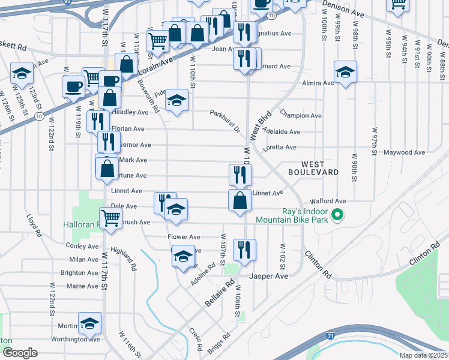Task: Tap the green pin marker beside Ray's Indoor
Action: (x=337, y=214)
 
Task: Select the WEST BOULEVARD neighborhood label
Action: (x=320, y=168)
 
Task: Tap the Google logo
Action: (x=20, y=352)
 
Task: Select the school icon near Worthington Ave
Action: (x=89, y=323)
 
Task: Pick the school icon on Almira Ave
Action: (x=345, y=72)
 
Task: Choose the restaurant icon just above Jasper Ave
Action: (x=244, y=250)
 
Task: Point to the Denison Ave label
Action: (x=343, y=8)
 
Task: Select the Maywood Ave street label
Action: (x=404, y=153)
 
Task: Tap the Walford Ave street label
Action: (x=328, y=201)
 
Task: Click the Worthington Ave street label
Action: (x=76, y=339)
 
